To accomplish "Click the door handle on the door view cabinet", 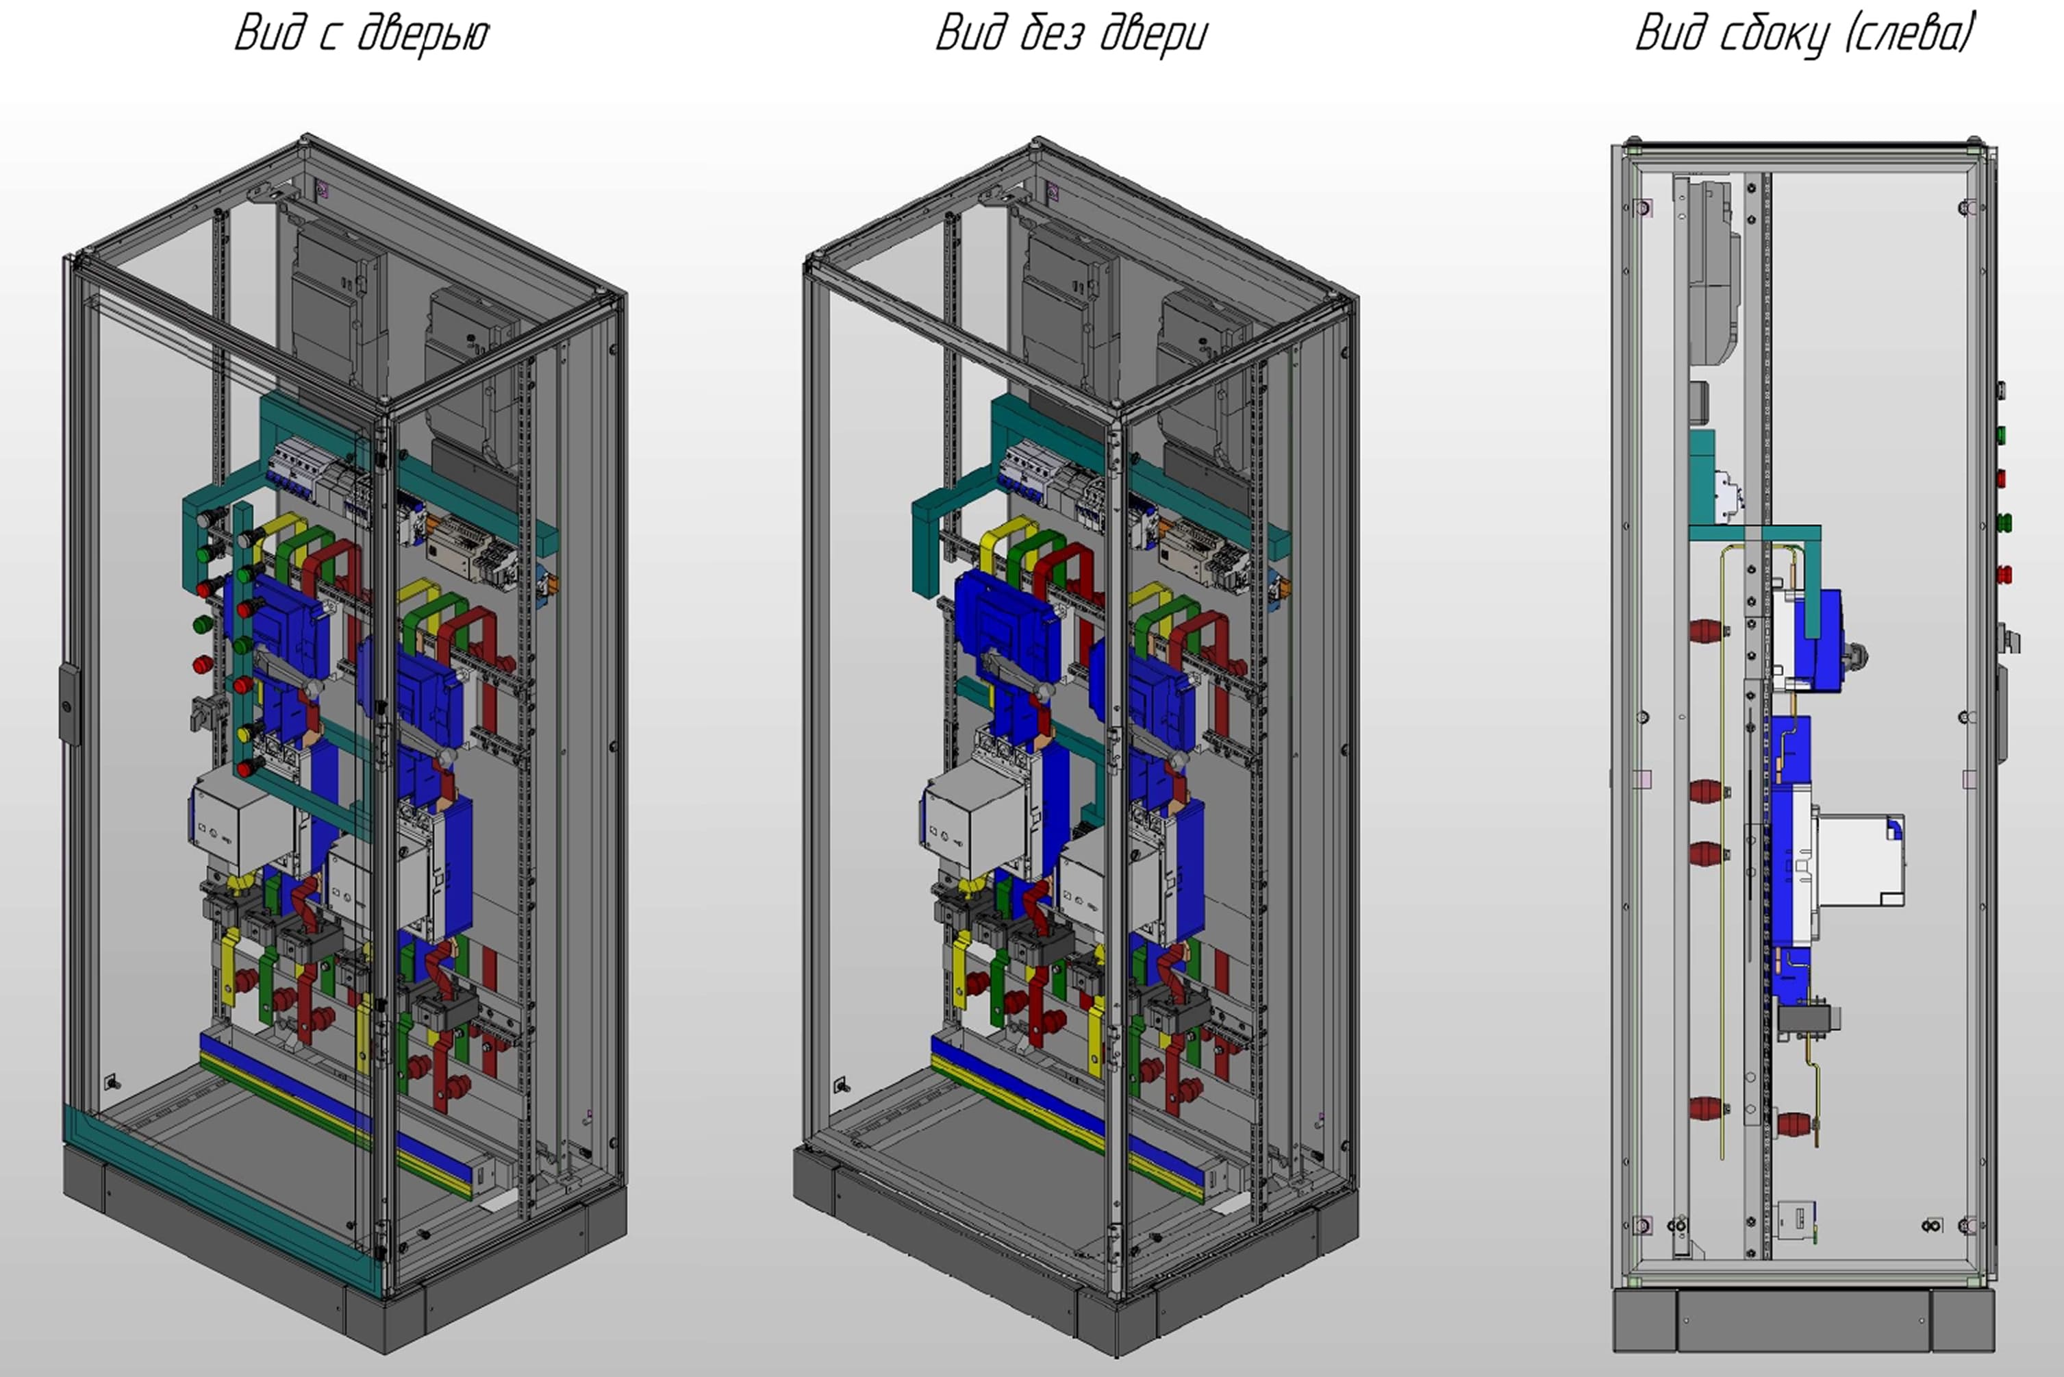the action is pos(68,703).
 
